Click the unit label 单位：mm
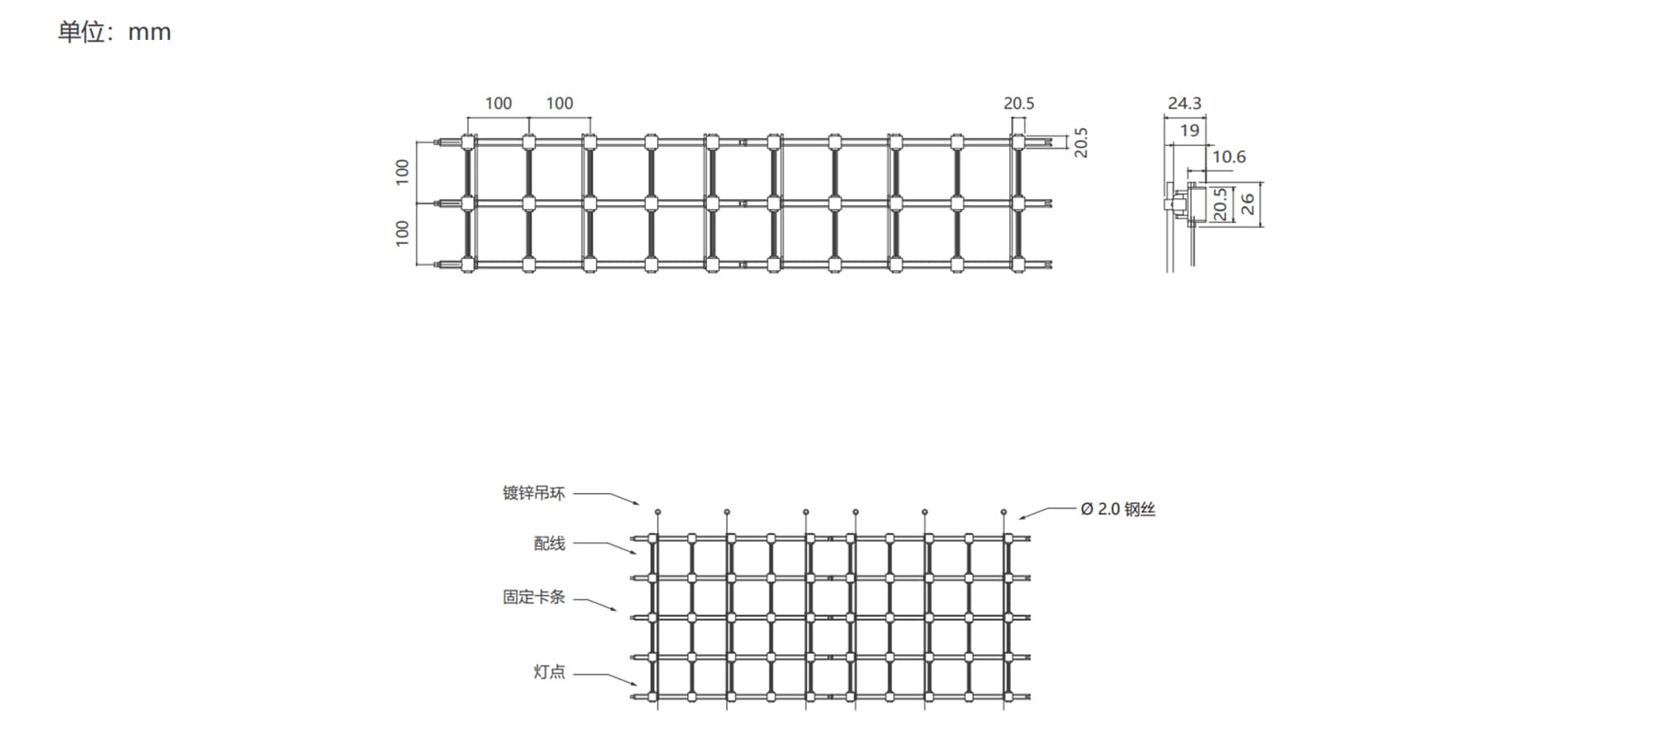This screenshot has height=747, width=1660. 115,32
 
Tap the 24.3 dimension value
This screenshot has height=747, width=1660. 1184,103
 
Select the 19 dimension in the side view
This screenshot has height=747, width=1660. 1189,130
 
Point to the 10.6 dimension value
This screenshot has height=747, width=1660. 1228,157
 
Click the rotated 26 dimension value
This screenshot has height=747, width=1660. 1247,204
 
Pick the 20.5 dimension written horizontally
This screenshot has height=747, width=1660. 1019,103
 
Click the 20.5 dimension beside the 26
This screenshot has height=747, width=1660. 1219,204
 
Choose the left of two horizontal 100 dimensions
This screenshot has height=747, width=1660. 498,103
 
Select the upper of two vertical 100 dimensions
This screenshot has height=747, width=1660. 403,172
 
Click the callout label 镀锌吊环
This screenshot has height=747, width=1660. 534,493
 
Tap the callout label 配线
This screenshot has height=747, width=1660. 549,544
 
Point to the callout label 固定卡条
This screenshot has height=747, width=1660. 534,597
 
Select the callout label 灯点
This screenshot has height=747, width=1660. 549,671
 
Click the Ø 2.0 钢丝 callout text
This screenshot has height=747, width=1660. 1118,509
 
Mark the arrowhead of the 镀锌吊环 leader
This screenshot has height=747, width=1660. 637,503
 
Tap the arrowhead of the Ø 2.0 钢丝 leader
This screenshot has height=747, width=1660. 1023,518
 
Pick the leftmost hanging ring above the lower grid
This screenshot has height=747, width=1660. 657,512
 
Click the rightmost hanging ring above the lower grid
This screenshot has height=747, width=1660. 1003,512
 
